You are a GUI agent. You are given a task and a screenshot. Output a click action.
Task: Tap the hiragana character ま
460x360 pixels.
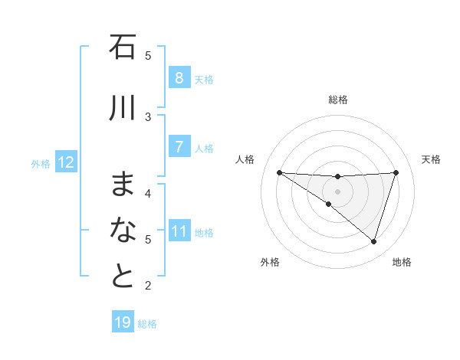(123, 184)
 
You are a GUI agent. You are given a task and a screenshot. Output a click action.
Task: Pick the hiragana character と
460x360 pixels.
(123, 275)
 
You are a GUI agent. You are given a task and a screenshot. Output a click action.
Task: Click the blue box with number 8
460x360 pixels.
(179, 77)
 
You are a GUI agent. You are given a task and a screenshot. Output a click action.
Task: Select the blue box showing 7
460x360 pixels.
(179, 147)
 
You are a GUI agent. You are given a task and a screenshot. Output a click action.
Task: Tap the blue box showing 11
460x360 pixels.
(179, 231)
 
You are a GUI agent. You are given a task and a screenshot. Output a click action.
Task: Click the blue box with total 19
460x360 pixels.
(123, 322)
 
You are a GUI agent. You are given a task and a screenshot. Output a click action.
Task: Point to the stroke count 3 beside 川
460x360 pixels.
(148, 116)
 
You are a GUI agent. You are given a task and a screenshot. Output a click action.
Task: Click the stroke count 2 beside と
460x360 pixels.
(148, 286)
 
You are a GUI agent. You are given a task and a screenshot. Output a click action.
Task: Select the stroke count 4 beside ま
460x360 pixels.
(148, 193)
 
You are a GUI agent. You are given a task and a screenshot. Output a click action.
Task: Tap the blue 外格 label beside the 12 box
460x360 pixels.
(41, 163)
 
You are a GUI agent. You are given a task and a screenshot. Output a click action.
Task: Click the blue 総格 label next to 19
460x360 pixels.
(147, 324)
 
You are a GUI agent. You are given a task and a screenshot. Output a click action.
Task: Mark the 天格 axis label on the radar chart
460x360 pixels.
(431, 159)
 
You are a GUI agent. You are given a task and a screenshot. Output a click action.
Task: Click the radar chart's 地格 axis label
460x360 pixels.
(402, 262)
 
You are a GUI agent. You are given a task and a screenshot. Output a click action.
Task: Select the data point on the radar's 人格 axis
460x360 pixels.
(279, 172)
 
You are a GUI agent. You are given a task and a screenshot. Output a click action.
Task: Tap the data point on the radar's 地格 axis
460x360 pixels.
(373, 241)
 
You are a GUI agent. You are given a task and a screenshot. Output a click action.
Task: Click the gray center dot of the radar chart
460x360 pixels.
(337, 191)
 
